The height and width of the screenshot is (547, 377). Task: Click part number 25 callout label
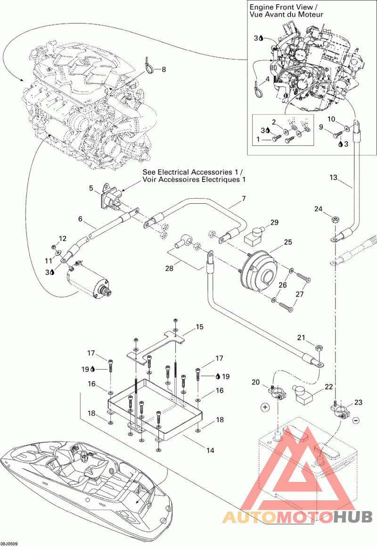coord(287,242)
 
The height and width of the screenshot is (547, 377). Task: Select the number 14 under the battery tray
coord(210,450)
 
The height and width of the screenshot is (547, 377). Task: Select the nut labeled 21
coord(319,348)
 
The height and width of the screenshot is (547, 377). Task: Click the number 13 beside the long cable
coord(333,177)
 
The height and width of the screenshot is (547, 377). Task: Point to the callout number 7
coord(244,199)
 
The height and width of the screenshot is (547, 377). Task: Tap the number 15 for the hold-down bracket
coord(200,326)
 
